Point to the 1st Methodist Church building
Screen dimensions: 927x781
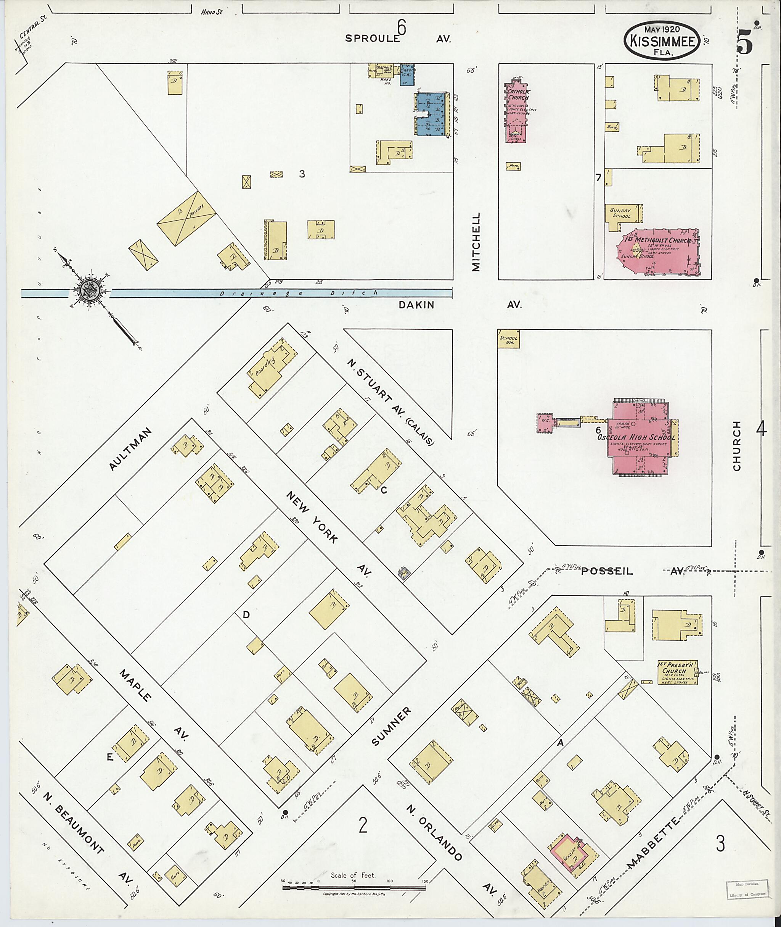[662, 251]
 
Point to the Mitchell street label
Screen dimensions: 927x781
[476, 242]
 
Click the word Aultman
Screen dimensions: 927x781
[130, 449]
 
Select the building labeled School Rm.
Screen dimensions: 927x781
[508, 339]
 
